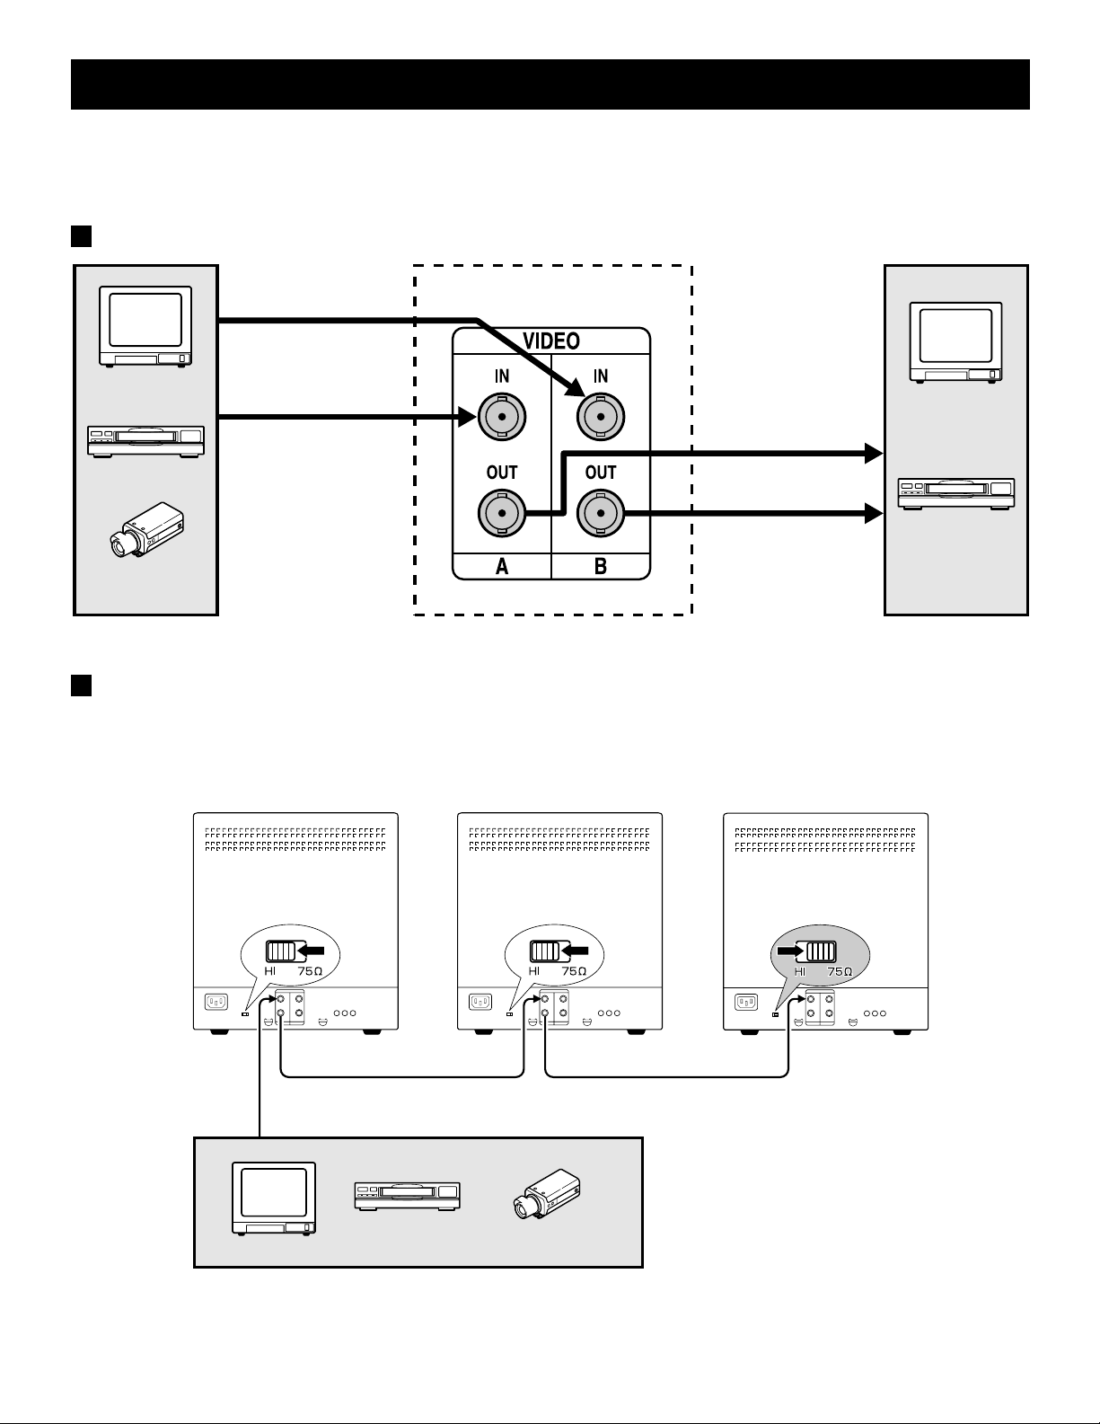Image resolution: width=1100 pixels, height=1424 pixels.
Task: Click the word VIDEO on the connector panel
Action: pyautogui.click(x=551, y=341)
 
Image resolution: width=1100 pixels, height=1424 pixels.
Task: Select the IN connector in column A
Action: pyautogui.click(x=501, y=416)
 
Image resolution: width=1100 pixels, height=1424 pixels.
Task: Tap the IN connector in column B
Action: pyautogui.click(x=600, y=416)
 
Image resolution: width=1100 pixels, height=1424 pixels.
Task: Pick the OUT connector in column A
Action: pyautogui.click(x=501, y=513)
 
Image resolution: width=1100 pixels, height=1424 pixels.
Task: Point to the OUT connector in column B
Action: pyautogui.click(x=600, y=513)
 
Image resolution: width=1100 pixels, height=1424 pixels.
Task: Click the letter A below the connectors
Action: pyautogui.click(x=501, y=566)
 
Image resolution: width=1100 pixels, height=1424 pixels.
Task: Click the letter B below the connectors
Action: pyautogui.click(x=600, y=566)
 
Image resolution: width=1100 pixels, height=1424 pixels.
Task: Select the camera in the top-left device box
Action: pyautogui.click(x=146, y=529)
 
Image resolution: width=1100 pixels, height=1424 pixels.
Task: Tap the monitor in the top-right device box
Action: pyautogui.click(x=955, y=342)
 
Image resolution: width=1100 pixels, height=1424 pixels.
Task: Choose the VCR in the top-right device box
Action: pyautogui.click(x=956, y=493)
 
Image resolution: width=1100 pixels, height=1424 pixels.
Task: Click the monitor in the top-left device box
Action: pyautogui.click(x=145, y=326)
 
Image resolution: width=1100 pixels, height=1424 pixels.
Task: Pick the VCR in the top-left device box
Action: pyautogui.click(x=145, y=440)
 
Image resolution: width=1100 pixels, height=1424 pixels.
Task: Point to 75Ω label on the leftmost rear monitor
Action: pyautogui.click(x=311, y=970)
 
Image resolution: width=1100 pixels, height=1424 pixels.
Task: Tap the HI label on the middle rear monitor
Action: pyautogui.click(x=534, y=970)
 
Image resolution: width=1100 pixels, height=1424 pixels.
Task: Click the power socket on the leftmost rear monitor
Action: pyautogui.click(x=216, y=1002)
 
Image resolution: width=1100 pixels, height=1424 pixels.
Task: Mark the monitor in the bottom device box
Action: pyautogui.click(x=274, y=1198)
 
